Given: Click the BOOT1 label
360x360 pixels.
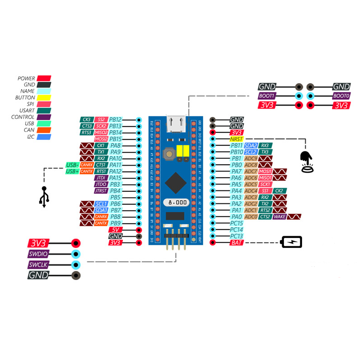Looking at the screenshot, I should pyautogui.click(x=266, y=96).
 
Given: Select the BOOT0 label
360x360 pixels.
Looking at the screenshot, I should pyautogui.click(x=341, y=96).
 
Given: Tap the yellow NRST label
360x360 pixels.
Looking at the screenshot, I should pyautogui.click(x=236, y=139).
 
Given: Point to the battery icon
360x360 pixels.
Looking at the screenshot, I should pyautogui.click(x=292, y=242).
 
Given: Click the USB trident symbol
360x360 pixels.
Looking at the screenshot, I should pyautogui.click(x=44, y=197).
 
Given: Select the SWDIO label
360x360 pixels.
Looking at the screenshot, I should pyautogui.click(x=38, y=254).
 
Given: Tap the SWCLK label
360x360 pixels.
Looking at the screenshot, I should pyautogui.click(x=38, y=265).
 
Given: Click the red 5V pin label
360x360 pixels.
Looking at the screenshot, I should pyautogui.click(x=116, y=229).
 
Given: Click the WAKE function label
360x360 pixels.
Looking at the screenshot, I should pyautogui.click(x=279, y=217).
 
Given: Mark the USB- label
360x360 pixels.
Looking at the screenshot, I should pyautogui.click(x=72, y=165).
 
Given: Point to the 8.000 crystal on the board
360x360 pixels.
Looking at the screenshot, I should pyautogui.click(x=175, y=202).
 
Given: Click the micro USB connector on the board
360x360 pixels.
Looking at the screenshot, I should pyautogui.click(x=176, y=123).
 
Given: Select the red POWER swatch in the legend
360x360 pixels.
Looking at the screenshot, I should pyautogui.click(x=44, y=78).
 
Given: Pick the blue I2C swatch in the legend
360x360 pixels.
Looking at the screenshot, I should pyautogui.click(x=44, y=137).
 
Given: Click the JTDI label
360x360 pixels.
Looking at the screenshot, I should pyautogui.click(x=101, y=178).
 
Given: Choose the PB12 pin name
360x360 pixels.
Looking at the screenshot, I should pyautogui.click(x=115, y=120).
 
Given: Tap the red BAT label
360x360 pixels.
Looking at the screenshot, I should pyautogui.click(x=236, y=243).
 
